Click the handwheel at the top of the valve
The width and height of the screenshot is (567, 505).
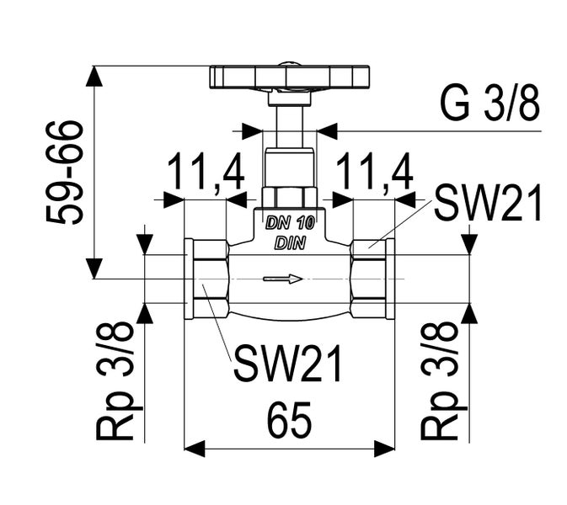(290, 77)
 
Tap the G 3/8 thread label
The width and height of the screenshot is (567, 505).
(490, 104)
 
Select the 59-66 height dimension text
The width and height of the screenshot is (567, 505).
(65, 173)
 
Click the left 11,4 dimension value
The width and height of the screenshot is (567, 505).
(206, 173)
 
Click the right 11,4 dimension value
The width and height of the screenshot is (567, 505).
(375, 173)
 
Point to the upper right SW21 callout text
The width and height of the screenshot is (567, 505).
(488, 202)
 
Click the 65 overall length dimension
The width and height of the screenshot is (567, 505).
(289, 420)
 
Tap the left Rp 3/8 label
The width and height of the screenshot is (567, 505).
(115, 380)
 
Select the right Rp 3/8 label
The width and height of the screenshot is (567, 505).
(440, 380)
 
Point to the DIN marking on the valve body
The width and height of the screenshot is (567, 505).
(290, 243)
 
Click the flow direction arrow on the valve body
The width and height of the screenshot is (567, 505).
(283, 279)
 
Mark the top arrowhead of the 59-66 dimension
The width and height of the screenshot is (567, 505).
(94, 77)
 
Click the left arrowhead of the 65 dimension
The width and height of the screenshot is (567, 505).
(195, 449)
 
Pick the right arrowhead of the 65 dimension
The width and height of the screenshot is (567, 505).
(384, 449)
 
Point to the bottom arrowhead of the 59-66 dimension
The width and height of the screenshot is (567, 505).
(94, 268)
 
